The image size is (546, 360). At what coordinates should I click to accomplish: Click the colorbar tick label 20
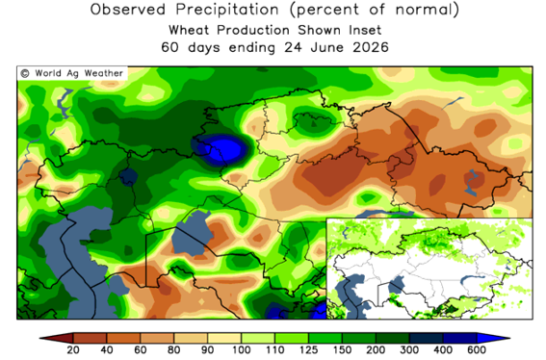coord(73,350)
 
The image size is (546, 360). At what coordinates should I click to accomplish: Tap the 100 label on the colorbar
coord(242,350)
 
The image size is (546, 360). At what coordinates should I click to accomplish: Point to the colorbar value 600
coord(477,350)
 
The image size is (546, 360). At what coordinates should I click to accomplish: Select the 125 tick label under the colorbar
coord(308,350)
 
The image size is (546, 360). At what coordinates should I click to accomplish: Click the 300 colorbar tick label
coord(409,350)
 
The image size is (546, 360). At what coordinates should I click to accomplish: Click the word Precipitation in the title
coord(227,10)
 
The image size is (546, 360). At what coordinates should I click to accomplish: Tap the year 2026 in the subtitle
coord(371,47)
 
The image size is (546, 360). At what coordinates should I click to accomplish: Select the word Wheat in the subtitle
coord(190,30)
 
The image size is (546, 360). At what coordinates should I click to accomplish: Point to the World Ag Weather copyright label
coord(72,73)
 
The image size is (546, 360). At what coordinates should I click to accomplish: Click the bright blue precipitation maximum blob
coord(225,150)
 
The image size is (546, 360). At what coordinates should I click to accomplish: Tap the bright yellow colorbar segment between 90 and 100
coord(224,338)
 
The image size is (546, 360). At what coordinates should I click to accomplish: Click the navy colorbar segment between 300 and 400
coord(427,338)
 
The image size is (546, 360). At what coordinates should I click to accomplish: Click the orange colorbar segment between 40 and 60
coord(123,338)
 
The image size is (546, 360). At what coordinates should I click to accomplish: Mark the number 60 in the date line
coord(169,47)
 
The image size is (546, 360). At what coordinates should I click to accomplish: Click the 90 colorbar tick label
coord(208,350)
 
